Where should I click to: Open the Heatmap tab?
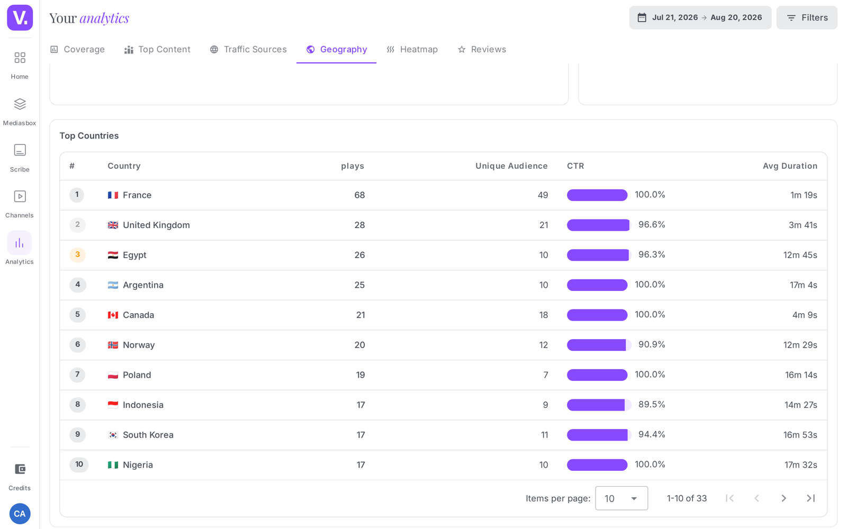point(412,50)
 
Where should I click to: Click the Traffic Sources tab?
point(248,50)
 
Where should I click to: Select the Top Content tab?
point(157,50)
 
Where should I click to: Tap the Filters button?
point(807,18)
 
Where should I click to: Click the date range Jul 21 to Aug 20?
point(700,18)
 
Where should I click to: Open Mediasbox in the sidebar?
point(20,112)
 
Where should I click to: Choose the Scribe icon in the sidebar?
point(20,150)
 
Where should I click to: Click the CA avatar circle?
point(20,514)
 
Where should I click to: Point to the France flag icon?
point(113,195)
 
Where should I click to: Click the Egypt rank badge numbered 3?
point(77,254)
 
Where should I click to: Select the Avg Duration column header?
point(790,166)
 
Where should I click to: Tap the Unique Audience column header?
point(511,166)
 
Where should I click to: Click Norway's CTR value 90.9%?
point(652,344)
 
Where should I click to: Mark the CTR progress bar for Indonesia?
point(599,405)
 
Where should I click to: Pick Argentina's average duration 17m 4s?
point(803,285)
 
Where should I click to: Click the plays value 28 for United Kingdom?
point(359,225)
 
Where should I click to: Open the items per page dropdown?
point(621,498)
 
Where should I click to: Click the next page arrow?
point(784,498)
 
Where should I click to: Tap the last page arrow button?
point(810,498)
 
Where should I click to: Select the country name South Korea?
point(148,435)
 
